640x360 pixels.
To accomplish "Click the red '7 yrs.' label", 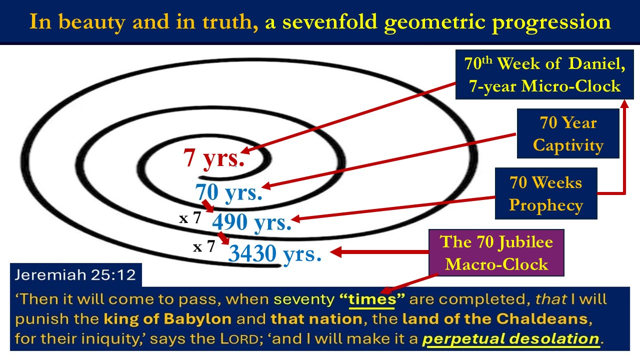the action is (x=213, y=158).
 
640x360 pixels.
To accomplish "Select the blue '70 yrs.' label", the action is (x=228, y=192).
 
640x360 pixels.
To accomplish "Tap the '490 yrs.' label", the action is (x=251, y=222).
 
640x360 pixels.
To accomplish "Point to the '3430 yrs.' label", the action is (x=275, y=253).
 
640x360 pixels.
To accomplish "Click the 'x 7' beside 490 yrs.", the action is (x=190, y=218).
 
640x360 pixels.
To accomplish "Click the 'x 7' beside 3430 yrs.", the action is (x=204, y=246).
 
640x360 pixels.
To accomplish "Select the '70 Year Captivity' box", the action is (x=568, y=133).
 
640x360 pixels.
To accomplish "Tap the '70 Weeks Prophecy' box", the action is (x=546, y=193).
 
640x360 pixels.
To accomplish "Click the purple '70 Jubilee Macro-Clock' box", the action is (x=496, y=252).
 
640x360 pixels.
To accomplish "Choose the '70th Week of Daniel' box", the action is (x=544, y=74).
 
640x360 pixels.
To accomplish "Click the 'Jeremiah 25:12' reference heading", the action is (x=75, y=275).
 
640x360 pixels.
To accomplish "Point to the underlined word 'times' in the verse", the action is (x=372, y=299).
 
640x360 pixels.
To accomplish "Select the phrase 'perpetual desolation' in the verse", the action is (x=510, y=339).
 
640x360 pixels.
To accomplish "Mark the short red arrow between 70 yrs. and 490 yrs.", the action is (x=207, y=206).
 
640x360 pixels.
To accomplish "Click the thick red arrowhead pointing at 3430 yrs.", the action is (x=336, y=252).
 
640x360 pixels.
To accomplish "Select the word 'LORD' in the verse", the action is (x=239, y=339).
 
